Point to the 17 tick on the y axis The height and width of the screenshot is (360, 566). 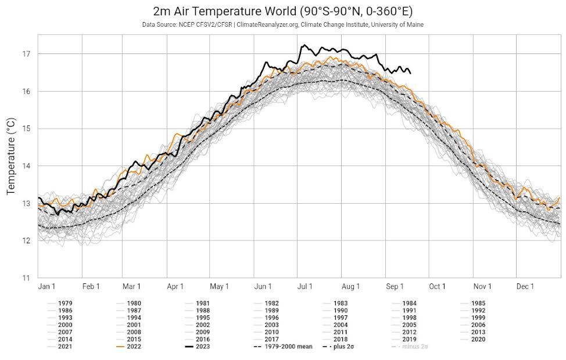point(26,54)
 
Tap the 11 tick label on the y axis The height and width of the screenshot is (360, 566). point(26,278)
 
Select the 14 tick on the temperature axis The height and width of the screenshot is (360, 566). point(26,166)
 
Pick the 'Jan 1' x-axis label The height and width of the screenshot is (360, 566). point(46,286)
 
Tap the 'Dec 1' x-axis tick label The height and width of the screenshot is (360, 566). point(525,286)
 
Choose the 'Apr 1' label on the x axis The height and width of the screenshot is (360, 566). point(175,286)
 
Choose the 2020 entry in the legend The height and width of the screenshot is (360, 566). point(478,339)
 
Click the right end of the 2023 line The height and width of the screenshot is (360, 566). point(411,73)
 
